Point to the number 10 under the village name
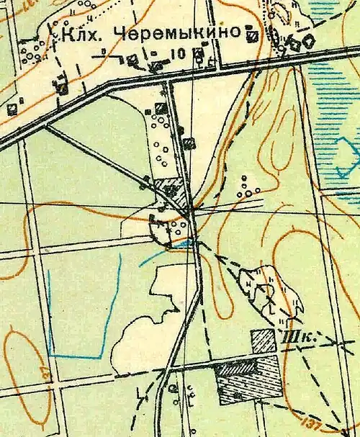point(179,53)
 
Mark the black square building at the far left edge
point(12,109)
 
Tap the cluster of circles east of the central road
point(248,187)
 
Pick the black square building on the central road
point(188,143)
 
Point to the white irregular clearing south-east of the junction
point(270,292)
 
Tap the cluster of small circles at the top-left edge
point(29,52)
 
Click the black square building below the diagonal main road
point(160,108)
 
